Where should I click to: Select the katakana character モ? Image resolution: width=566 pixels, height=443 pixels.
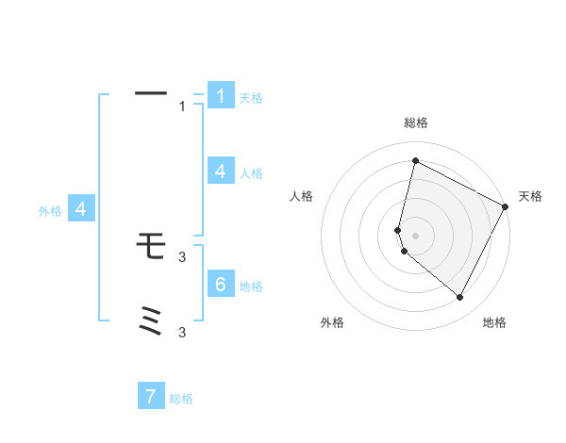pos(151,246)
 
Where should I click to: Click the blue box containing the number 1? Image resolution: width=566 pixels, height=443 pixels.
pos(221,96)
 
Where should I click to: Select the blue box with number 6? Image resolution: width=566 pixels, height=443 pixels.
pos(221,285)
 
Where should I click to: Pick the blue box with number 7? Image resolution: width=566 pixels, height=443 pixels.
pos(151,397)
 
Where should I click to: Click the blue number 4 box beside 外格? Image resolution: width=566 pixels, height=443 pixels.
pos(81,209)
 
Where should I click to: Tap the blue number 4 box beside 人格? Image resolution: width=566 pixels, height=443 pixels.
pos(221,172)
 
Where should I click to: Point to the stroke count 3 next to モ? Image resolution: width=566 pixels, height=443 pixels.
pos(182,256)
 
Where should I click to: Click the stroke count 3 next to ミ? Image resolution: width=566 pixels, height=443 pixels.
pos(182,332)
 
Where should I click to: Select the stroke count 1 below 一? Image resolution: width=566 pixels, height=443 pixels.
pos(182,107)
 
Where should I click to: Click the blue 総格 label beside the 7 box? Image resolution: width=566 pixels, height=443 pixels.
pos(181,399)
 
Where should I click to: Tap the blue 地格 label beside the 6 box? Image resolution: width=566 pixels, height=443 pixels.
pos(251,287)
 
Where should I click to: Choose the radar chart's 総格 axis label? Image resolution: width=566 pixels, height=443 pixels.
pos(415,123)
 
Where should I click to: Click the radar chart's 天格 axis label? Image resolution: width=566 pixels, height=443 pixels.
pos(530,196)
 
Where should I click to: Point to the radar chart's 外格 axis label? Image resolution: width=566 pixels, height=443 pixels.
pos(332,322)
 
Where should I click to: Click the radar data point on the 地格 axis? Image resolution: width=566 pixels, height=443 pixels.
pos(459,297)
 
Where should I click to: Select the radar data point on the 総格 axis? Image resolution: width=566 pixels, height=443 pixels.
pos(415,160)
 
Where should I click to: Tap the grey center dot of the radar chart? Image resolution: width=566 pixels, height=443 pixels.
pos(415,235)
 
